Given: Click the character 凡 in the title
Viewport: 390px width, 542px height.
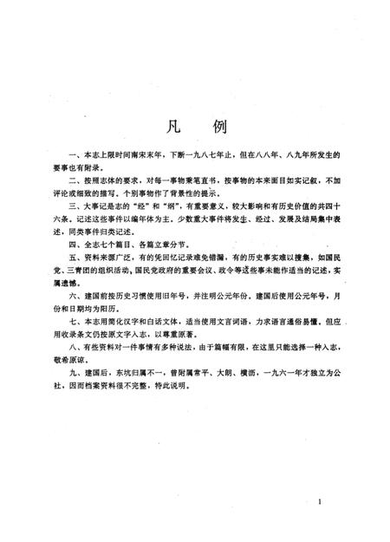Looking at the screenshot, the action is [x=168, y=124].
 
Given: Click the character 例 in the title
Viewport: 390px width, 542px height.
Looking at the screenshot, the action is [x=219, y=124].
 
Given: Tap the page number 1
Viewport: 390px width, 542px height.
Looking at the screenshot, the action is [x=320, y=502].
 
